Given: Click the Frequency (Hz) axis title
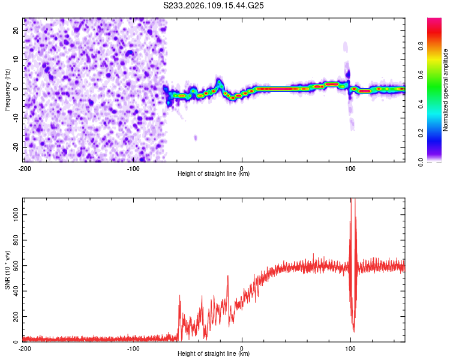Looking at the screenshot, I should pyautogui.click(x=7, y=89).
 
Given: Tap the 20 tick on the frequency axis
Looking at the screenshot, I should pyautogui.click(x=16, y=30).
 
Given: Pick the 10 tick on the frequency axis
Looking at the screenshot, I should pyautogui.click(x=16, y=59).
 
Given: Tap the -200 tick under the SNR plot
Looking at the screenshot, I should pyautogui.click(x=24, y=349).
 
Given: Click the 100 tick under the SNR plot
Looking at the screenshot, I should pyautogui.click(x=350, y=349).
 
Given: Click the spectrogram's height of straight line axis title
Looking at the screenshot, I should pyautogui.click(x=214, y=175).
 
